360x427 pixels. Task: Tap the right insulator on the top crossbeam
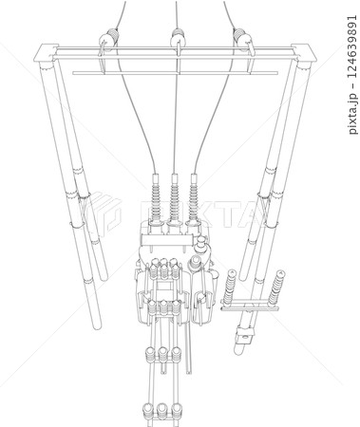[x=243, y=40]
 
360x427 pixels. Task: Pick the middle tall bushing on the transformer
[x=175, y=196]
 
